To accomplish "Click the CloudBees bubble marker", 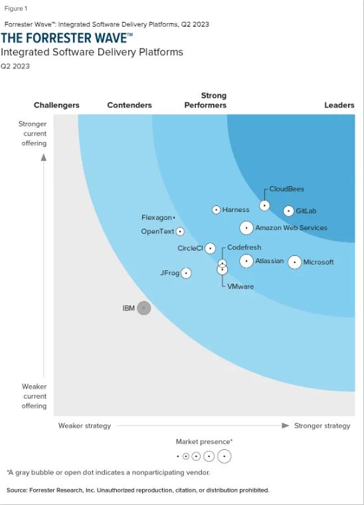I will (x=264, y=205).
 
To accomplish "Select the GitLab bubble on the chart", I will (x=288, y=211).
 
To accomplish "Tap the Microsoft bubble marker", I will (x=294, y=262).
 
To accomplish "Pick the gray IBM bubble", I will (x=144, y=308).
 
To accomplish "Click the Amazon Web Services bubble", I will (x=246, y=228).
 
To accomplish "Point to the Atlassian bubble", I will (x=246, y=261).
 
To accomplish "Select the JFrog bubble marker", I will (x=186, y=273).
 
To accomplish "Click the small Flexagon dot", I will (x=174, y=217).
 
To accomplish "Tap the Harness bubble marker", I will (x=216, y=210).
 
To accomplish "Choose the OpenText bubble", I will (x=180, y=232).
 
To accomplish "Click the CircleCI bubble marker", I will (x=210, y=249).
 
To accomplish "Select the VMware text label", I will (x=240, y=286).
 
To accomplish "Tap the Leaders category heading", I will (x=339, y=105).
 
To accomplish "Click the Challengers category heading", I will (x=56, y=105).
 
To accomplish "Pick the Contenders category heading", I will (x=130, y=105).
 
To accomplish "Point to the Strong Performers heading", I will (x=205, y=100).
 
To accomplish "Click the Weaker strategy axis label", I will (x=84, y=425).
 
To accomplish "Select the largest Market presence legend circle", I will (x=224, y=456).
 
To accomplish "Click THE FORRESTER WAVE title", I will (x=66, y=37).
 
